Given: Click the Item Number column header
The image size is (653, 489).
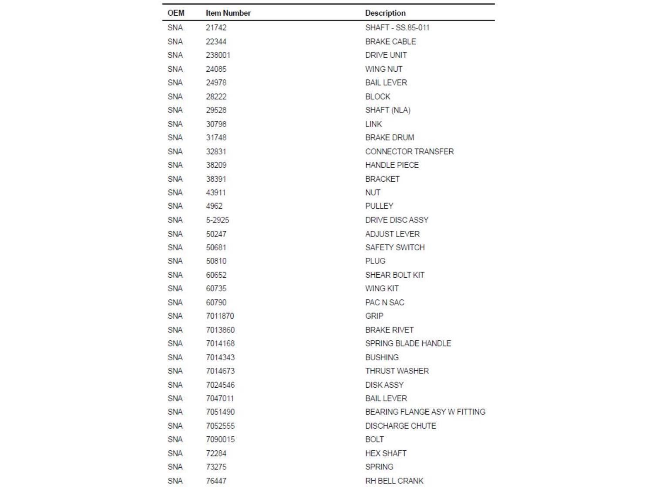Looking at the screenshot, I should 228,13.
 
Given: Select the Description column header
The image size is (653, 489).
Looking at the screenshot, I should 385,13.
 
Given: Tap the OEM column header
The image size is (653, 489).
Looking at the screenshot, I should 176,13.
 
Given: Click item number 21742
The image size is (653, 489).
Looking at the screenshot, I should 216,27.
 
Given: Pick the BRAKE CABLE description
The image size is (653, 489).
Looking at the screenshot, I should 390,41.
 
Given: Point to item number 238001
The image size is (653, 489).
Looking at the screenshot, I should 218,55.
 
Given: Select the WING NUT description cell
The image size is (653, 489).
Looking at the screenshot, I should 384,69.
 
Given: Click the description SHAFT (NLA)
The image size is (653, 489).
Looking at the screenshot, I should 387,110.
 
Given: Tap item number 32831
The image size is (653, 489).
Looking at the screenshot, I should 216,151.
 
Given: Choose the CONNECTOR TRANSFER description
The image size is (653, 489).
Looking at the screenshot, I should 409,151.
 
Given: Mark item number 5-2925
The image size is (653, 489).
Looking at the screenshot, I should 217,220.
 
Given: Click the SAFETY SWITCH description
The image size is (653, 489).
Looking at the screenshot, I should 395,247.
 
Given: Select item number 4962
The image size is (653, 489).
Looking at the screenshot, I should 214,206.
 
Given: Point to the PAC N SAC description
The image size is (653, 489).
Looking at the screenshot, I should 384,302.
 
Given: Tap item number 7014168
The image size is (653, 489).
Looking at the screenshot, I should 220,343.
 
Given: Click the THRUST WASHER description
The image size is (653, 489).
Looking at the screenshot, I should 397,371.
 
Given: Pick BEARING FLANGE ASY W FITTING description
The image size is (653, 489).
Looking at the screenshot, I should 425,412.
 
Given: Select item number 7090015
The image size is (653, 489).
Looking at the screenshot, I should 220,439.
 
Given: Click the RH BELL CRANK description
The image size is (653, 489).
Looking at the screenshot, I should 394,481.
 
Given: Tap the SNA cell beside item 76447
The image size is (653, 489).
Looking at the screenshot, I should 175,481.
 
